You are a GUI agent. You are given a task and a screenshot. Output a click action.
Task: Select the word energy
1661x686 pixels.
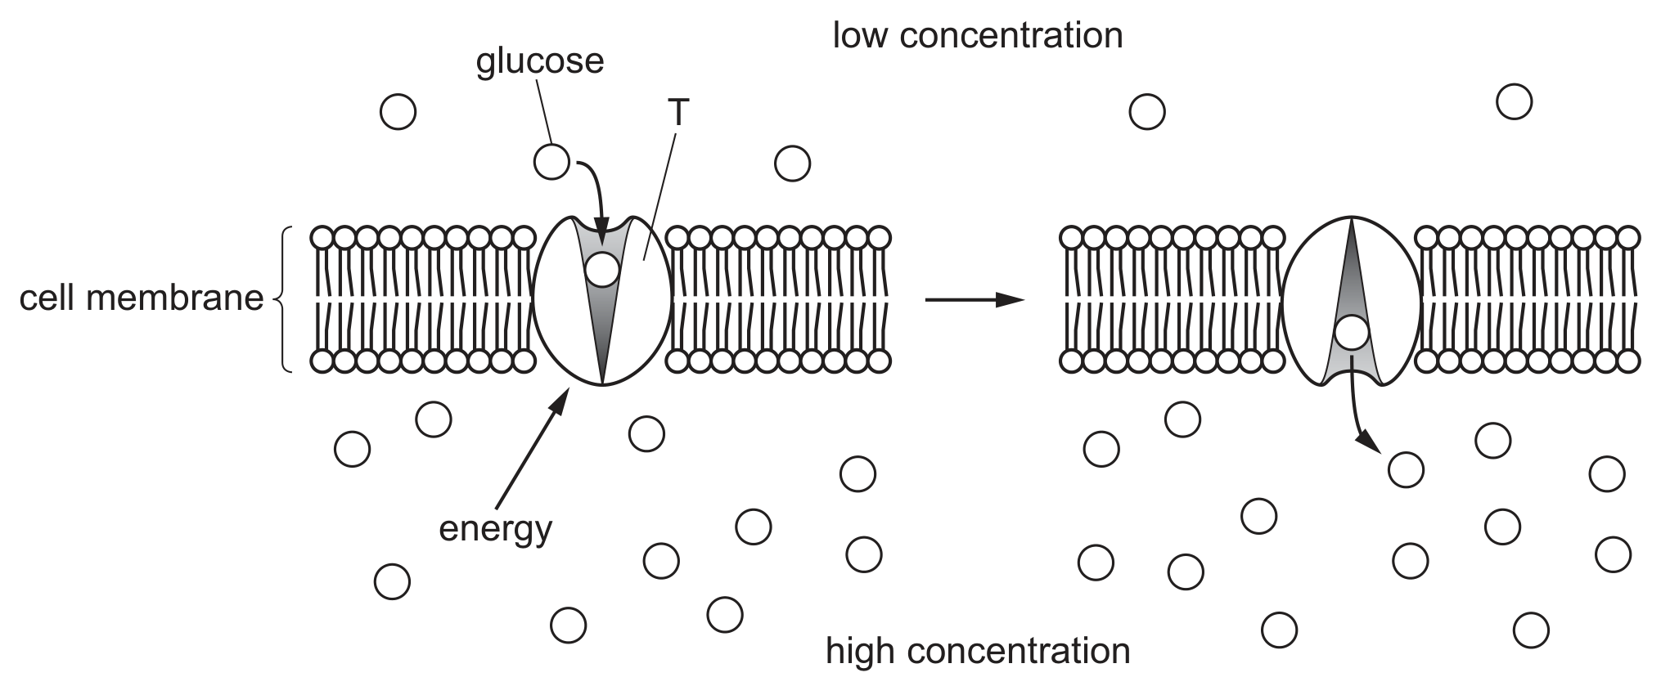click(x=496, y=529)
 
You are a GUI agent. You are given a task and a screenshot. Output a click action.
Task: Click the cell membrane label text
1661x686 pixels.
click(x=142, y=298)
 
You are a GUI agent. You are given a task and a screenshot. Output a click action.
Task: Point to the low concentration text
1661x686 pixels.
click(x=978, y=35)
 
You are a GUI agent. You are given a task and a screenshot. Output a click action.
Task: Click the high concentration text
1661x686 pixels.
click(x=978, y=652)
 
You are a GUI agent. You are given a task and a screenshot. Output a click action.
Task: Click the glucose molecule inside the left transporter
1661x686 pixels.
click(x=601, y=270)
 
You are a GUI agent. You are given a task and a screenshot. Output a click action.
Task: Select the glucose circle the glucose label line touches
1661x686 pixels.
click(x=551, y=162)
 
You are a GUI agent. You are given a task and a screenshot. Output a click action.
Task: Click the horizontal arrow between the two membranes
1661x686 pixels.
click(x=975, y=300)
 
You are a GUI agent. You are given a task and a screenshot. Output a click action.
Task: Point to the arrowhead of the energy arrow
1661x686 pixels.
click(x=561, y=397)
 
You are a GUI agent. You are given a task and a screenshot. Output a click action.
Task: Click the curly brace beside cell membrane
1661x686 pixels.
click(x=282, y=299)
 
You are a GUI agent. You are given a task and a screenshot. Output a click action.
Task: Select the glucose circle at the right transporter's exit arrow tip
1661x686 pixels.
click(x=1406, y=469)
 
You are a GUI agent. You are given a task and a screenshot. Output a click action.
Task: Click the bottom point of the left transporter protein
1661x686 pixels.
click(x=601, y=384)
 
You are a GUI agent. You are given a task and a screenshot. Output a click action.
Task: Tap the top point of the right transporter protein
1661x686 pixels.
click(x=1352, y=217)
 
